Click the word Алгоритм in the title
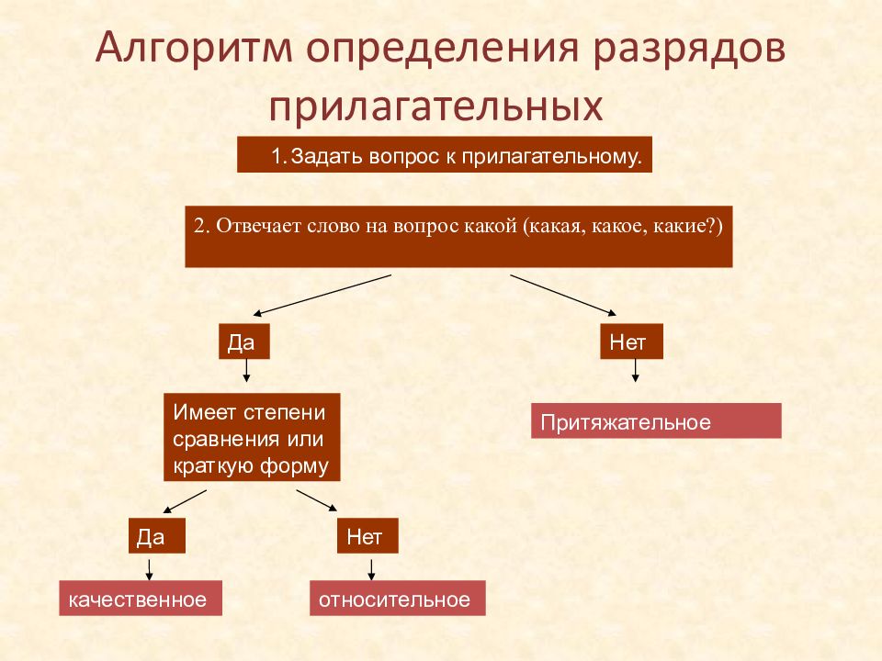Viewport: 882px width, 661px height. [x=194, y=49]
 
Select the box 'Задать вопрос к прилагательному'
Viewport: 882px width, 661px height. [x=445, y=154]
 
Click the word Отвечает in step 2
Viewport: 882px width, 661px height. [x=259, y=226]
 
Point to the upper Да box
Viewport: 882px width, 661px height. [x=244, y=342]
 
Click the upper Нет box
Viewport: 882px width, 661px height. [x=632, y=342]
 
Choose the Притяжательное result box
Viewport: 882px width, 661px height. [x=656, y=421]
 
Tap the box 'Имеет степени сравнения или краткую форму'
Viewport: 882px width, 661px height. [x=252, y=437]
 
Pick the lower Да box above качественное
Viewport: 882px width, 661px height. [x=157, y=535]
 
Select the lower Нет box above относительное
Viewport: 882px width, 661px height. [x=367, y=535]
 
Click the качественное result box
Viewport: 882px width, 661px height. [x=141, y=598]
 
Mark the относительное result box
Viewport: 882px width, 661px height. [x=398, y=598]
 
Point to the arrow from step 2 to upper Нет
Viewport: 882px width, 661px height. [x=563, y=296]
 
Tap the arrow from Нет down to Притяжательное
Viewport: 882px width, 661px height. [x=635, y=370]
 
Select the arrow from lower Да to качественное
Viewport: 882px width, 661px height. [x=149, y=569]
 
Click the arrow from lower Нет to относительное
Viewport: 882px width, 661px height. [x=370, y=569]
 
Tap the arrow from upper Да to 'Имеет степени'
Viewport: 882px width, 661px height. [x=246, y=370]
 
